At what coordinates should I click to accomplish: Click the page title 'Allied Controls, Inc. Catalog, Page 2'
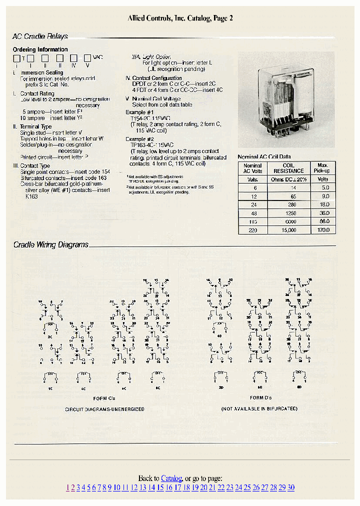tap(180, 18)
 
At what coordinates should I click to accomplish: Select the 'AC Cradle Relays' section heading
tap(40, 36)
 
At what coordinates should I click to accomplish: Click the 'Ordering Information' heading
tap(40, 49)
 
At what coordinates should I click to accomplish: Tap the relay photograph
tap(286, 99)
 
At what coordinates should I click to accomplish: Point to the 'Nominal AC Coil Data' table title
tap(264, 157)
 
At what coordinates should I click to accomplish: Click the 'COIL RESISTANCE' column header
tap(288, 168)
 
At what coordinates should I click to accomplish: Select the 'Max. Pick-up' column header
tap(323, 168)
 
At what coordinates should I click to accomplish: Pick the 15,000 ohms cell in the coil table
tap(288, 230)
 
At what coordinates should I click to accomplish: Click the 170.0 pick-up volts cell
tap(323, 230)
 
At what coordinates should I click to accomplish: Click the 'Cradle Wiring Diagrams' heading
tap(50, 245)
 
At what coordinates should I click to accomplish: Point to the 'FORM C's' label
tap(104, 398)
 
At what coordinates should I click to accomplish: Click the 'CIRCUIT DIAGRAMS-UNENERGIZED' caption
tap(104, 409)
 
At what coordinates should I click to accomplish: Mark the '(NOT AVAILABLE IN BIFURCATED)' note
tap(259, 409)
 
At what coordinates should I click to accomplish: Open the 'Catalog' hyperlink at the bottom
tap(171, 478)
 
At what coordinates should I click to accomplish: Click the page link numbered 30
tap(290, 488)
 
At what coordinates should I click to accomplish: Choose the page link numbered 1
tap(68, 488)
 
